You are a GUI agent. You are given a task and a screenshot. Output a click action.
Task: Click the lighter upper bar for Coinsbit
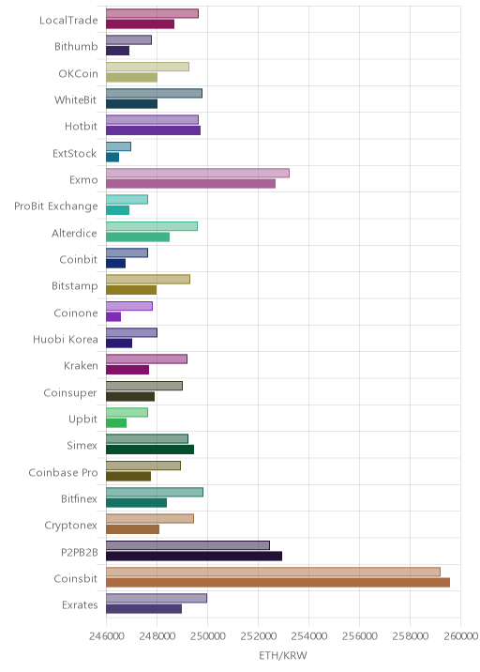[273, 572]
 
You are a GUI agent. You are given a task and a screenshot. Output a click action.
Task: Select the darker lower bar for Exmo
[190, 184]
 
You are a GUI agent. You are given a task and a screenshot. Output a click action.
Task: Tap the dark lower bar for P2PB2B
[194, 557]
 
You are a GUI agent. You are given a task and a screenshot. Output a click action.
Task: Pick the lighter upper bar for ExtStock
[119, 146]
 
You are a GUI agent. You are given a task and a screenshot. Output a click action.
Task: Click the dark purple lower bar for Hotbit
[154, 130]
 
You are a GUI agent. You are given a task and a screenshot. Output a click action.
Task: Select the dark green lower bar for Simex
[150, 450]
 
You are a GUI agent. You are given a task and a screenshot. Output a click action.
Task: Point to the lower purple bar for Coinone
[113, 316]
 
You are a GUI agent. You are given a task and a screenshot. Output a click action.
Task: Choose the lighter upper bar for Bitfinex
[155, 492]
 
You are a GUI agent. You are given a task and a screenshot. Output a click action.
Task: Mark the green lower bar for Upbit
[116, 423]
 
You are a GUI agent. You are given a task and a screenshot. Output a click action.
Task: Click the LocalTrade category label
[68, 20]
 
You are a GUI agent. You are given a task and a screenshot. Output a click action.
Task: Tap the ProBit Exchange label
[55, 206]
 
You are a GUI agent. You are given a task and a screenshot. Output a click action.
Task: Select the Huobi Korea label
[65, 340]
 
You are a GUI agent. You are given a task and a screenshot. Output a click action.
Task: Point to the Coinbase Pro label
[63, 472]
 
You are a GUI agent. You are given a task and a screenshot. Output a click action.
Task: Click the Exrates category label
[80, 605]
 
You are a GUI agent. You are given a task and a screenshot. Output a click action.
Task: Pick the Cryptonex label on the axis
[70, 526]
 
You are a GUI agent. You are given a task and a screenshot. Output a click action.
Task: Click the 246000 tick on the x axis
[107, 635]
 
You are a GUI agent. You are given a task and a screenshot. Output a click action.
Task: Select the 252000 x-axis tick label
[258, 635]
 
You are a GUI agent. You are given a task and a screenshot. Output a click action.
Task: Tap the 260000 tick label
[460, 635]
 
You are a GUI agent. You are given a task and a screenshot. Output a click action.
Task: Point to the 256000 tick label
[359, 635]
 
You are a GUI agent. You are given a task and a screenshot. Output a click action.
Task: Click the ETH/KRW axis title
[283, 655]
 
